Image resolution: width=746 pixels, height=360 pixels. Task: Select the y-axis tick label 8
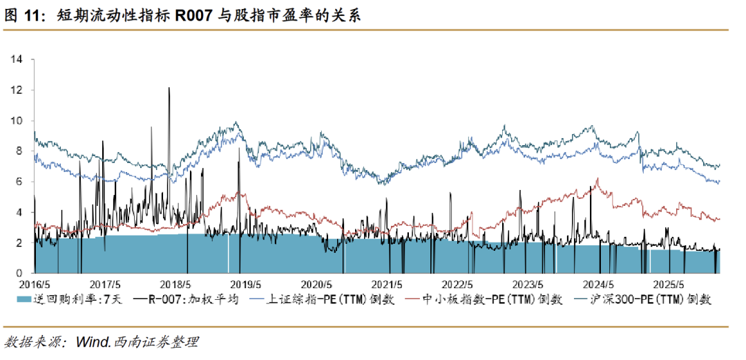pyautogui.click(x=21, y=151)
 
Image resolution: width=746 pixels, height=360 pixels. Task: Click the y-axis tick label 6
pyautogui.click(x=21, y=182)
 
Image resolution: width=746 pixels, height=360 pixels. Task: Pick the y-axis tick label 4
pyautogui.click(x=21, y=212)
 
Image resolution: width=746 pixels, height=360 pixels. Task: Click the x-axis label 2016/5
pyautogui.click(x=35, y=284)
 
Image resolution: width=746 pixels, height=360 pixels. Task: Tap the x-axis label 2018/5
pyautogui.click(x=177, y=284)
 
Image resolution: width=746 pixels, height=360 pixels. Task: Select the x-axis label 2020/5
pyautogui.click(x=318, y=284)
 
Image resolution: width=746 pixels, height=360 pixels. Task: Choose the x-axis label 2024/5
pyautogui.click(x=598, y=284)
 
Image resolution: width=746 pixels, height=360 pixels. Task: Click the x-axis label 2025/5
pyautogui.click(x=669, y=284)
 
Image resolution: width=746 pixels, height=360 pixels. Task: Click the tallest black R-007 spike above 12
pyautogui.click(x=169, y=88)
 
